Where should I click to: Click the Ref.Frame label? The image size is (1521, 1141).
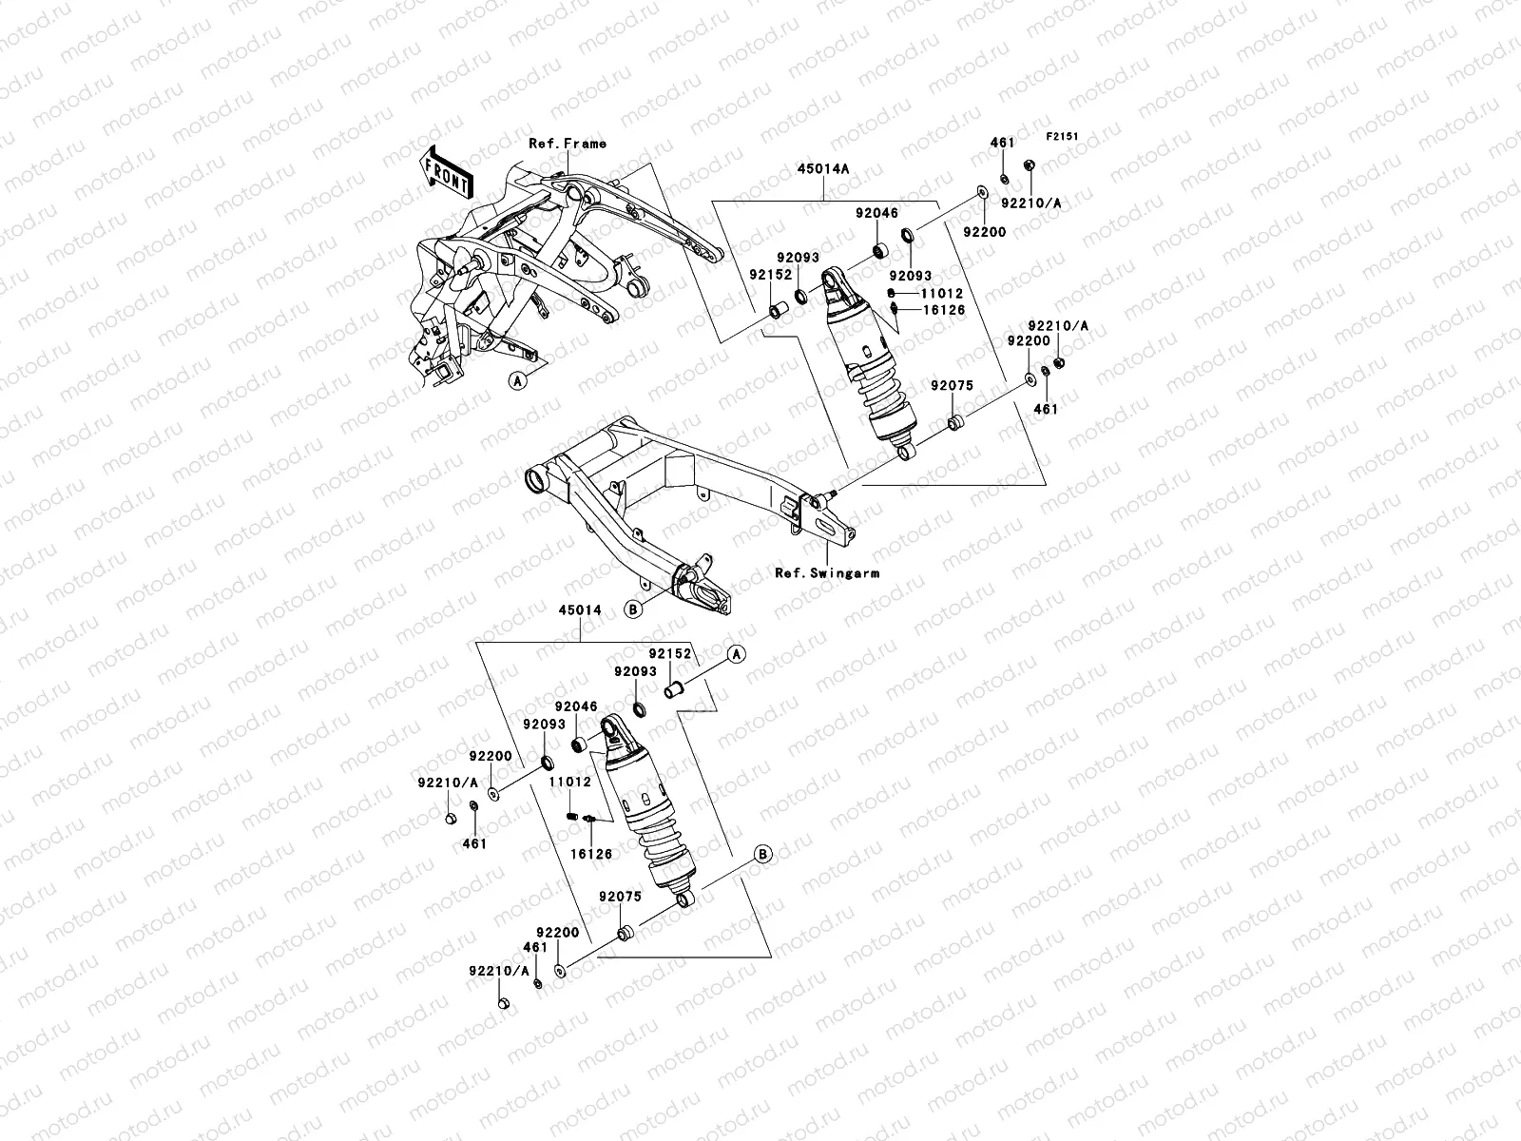[568, 144]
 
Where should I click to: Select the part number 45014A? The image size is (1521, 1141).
[823, 168]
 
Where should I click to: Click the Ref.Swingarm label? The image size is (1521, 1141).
[827, 573]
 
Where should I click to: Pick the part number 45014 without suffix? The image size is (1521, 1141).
[580, 610]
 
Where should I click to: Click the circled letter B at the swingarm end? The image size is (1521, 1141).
[634, 609]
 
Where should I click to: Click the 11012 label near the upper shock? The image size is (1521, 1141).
[942, 294]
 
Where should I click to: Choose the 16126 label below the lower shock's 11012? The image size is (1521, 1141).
[592, 854]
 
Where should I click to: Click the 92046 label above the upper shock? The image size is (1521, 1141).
[876, 215]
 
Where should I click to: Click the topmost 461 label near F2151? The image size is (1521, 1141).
[1003, 144]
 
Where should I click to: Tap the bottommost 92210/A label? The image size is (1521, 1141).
[499, 971]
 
